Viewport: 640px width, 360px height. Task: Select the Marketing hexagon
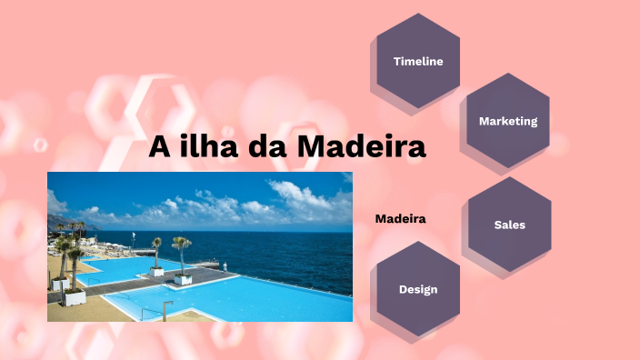508,121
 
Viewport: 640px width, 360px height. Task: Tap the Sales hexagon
509,225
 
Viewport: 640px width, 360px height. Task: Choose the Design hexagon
418,289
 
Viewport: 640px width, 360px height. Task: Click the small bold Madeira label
401,219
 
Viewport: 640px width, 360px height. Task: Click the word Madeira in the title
362,146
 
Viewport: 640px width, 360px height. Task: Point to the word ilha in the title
210,146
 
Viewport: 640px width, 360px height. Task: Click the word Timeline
418,62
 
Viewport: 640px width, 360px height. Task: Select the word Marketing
508,121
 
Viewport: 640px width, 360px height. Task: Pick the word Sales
509,225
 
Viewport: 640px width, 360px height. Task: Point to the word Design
418,289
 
